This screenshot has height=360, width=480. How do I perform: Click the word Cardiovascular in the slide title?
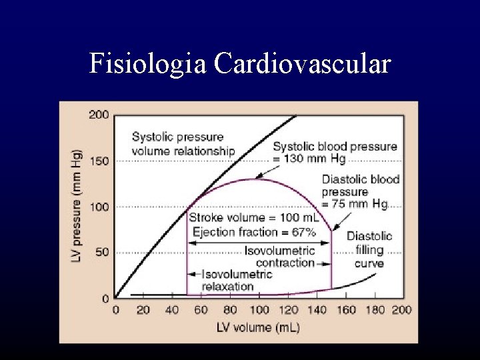pos(302,64)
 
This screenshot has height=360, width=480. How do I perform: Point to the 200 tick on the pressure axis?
pos(99,115)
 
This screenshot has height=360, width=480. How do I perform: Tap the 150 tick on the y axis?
pos(99,161)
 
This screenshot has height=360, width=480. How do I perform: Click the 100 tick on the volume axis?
pos(259,310)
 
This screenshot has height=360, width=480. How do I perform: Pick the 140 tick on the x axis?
pos(317,310)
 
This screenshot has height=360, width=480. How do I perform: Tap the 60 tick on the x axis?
pos(201,310)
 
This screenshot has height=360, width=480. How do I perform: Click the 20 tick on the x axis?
pos(143,310)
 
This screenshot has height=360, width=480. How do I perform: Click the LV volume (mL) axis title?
pos(258,327)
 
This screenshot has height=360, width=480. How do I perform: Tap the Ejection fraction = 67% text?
pos(253,232)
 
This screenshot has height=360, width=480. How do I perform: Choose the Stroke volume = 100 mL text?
pos(253,218)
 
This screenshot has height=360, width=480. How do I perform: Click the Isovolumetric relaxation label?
pos(228,280)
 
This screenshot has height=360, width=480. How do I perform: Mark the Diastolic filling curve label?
pos(369,250)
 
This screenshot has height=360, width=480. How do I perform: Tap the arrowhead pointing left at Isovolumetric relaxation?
pos(192,274)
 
